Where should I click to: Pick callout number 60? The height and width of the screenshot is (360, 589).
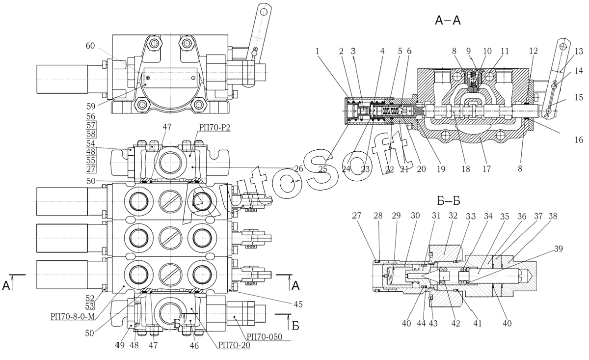tap(90, 46)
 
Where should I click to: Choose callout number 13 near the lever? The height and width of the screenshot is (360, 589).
tap(579, 51)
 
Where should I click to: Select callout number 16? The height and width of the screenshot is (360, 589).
tap(579, 139)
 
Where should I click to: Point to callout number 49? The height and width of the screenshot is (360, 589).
tap(119, 345)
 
